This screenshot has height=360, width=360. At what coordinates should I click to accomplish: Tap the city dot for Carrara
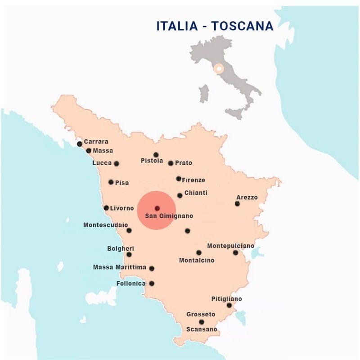[x=80, y=144]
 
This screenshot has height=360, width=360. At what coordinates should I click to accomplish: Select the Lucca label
[x=102, y=163]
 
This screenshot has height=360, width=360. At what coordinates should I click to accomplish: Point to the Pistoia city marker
[x=156, y=155]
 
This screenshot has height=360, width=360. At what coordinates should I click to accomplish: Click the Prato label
[x=184, y=163]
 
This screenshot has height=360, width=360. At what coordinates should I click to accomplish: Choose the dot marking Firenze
[x=179, y=179]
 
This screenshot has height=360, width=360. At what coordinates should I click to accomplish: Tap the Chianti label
[x=196, y=193]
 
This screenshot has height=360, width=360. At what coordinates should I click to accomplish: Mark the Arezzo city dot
[x=237, y=204]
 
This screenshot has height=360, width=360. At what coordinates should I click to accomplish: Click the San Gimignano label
[x=169, y=216]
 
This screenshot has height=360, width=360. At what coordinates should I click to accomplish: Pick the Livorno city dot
[x=106, y=208]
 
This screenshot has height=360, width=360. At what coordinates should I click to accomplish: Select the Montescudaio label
[x=105, y=225]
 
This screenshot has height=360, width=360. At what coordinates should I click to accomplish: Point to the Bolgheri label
[x=121, y=248]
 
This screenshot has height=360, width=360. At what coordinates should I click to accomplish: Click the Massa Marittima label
[x=120, y=267]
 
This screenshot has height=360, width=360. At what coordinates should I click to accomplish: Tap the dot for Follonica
[x=152, y=283]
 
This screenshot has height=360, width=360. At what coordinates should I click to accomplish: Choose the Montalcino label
[x=197, y=260]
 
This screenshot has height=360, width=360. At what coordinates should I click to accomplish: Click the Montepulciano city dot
[x=235, y=252]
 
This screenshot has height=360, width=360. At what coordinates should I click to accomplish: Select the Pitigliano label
[x=226, y=299]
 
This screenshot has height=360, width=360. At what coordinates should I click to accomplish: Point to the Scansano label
[x=202, y=329]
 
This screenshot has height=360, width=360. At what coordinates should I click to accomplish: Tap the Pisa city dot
[x=111, y=182]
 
